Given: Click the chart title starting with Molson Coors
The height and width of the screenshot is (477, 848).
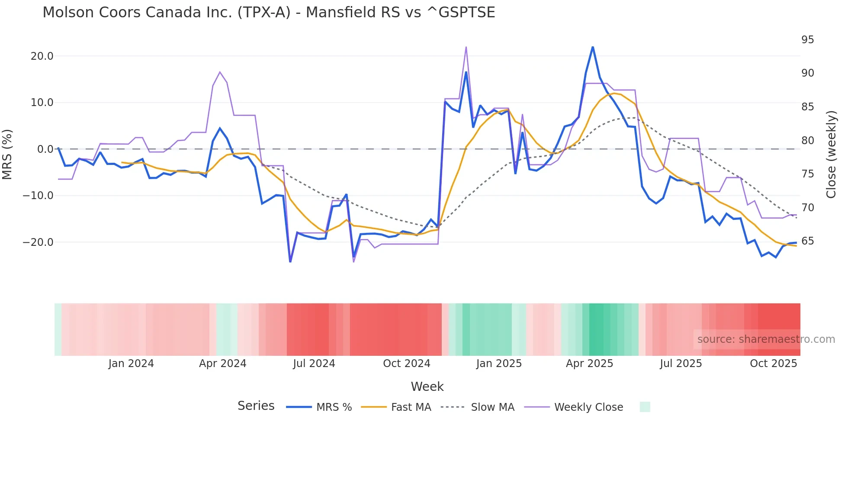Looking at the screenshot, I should (x=268, y=12).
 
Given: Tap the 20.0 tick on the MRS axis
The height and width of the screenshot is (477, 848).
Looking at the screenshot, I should (x=42, y=56).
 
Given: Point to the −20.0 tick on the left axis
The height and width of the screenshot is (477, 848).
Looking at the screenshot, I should (x=38, y=242).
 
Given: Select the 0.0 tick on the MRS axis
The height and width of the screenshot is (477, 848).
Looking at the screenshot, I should (x=45, y=149).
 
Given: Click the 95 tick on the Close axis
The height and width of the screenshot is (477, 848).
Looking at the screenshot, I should (x=807, y=40).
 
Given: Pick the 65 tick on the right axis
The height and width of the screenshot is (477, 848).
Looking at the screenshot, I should (x=807, y=241).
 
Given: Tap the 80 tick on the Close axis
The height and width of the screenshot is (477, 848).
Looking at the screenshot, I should (x=807, y=140).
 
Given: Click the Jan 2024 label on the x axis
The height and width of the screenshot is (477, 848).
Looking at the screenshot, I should (x=131, y=364).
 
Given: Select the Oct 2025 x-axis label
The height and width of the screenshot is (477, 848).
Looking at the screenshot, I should (x=773, y=364).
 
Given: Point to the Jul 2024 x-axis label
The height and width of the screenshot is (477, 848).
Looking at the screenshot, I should (x=314, y=364).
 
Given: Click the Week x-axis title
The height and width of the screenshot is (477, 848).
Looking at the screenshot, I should (x=427, y=387).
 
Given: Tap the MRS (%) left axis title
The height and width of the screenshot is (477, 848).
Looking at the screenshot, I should (x=7, y=154).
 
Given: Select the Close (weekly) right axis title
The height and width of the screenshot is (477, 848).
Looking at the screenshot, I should (x=831, y=154).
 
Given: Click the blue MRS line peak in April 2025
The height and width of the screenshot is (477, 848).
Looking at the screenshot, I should (x=593, y=47).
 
